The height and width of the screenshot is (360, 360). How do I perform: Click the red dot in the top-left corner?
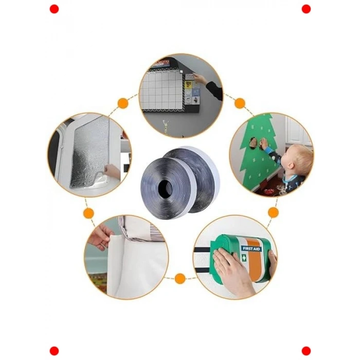click(x=54, y=9)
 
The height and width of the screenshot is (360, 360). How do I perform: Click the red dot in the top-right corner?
click(x=306, y=9)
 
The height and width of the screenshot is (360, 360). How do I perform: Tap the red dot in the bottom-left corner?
click(x=54, y=351)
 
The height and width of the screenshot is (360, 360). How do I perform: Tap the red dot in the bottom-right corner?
click(x=306, y=351)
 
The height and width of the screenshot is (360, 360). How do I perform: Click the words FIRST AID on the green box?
click(x=251, y=248)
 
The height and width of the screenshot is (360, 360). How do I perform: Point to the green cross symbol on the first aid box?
click(x=244, y=258)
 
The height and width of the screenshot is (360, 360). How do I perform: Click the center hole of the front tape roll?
click(x=165, y=187)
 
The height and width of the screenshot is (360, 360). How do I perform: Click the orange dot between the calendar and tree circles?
click(x=240, y=103)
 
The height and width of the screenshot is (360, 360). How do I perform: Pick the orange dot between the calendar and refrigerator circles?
click(x=123, y=103)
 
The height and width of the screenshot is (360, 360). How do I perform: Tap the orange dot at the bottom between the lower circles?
click(x=180, y=278)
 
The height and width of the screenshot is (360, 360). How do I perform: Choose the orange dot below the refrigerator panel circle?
click(x=88, y=213)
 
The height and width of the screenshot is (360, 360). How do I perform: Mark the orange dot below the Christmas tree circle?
click(x=273, y=212)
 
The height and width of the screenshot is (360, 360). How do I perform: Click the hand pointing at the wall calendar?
click(x=200, y=79)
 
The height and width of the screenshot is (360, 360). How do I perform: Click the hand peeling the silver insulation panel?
click(x=112, y=171)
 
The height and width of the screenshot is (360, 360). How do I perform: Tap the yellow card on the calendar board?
click(x=188, y=85)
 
